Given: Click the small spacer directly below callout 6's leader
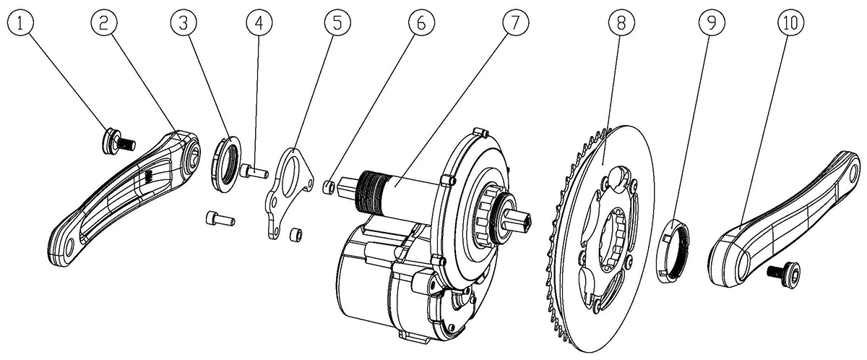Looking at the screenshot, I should pyautogui.click(x=329, y=188).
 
